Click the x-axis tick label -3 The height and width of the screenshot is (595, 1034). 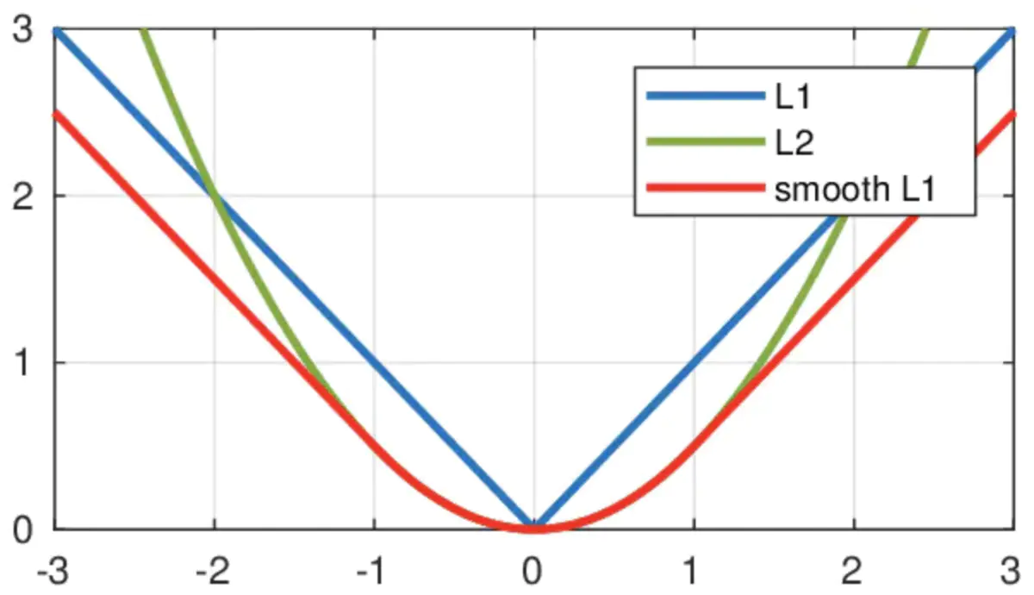point(53,572)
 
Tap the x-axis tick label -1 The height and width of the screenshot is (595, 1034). point(372,572)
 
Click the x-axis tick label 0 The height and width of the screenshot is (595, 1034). point(533,572)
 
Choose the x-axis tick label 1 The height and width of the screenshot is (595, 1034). point(694,572)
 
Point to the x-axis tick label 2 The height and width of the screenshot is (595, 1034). point(853,572)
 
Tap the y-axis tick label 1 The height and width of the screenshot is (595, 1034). point(25,362)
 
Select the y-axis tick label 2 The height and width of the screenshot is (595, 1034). point(25,196)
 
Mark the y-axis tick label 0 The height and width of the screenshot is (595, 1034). point(25,528)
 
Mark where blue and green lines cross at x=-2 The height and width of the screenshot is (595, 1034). point(214,196)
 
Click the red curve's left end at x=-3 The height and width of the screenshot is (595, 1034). point(55,113)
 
